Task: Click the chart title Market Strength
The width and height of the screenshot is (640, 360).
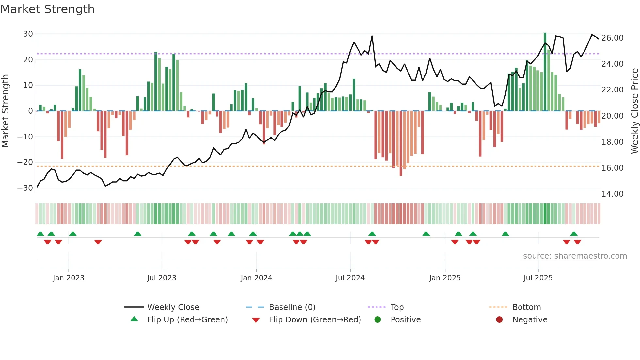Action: pos(47,9)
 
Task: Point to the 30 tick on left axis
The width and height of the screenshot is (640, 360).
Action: pos(28,34)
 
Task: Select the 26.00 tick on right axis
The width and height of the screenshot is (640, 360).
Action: pos(612,38)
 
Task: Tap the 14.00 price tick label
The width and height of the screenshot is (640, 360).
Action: pos(612,194)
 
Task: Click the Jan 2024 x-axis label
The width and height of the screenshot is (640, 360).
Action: pos(256,278)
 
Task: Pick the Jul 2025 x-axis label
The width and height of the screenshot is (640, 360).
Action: pos(538,278)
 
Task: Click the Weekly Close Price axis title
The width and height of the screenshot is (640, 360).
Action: pos(634,111)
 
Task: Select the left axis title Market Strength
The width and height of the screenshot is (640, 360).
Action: pos(5,111)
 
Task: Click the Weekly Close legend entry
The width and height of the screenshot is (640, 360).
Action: pos(173,307)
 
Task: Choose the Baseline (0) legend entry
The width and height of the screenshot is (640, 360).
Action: pos(292,307)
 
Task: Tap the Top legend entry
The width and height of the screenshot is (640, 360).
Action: pos(397,307)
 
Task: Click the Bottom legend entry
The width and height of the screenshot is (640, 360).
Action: pos(526,307)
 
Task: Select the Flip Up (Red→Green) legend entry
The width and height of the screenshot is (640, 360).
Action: pos(187,320)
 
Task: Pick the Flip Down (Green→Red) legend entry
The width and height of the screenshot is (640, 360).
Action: pos(315,320)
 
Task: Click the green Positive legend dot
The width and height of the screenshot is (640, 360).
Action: pos(378,320)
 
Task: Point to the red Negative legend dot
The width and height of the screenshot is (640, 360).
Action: pos(499,320)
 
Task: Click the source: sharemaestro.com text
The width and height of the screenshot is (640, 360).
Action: pos(575,256)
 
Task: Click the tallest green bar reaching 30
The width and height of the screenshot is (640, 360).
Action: pos(545,72)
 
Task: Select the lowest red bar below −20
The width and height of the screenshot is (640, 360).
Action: pos(401,144)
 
